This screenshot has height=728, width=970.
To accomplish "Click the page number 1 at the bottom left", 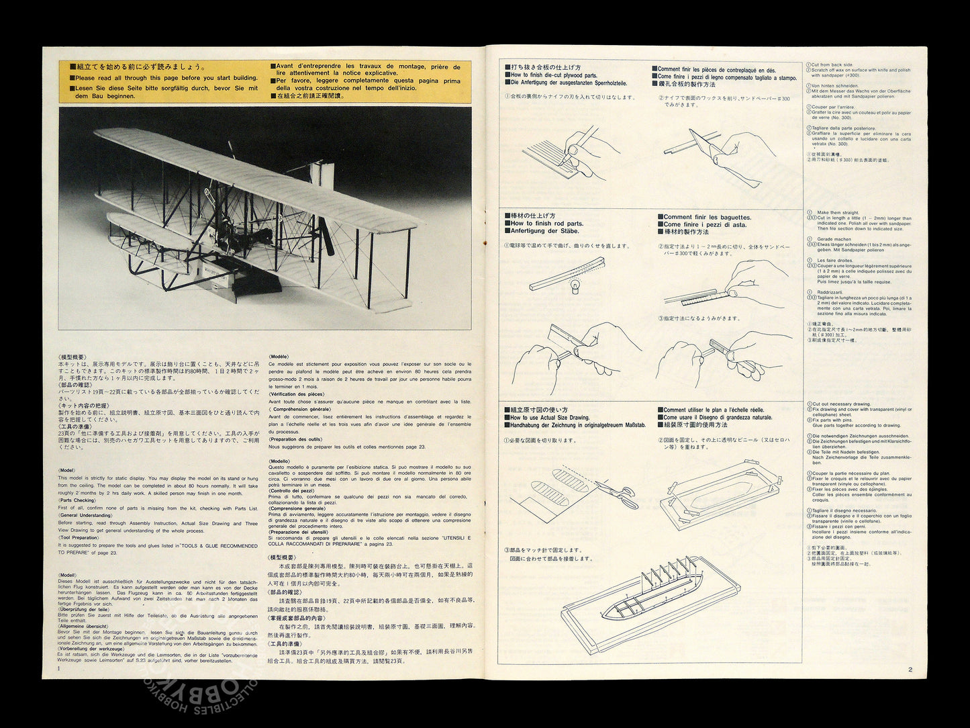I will click(x=59, y=668).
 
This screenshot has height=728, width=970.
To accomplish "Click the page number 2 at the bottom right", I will click(x=910, y=669).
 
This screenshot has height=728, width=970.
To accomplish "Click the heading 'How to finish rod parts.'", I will click(x=546, y=224).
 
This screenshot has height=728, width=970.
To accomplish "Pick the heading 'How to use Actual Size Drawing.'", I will click(x=550, y=418).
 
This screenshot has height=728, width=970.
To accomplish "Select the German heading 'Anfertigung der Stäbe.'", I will click(x=544, y=231).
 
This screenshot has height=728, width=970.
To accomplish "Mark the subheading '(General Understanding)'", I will click(x=85, y=516).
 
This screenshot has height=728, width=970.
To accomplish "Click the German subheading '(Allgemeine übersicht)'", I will click(x=83, y=626).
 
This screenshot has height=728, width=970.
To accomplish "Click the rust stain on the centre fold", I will click(x=485, y=238).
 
